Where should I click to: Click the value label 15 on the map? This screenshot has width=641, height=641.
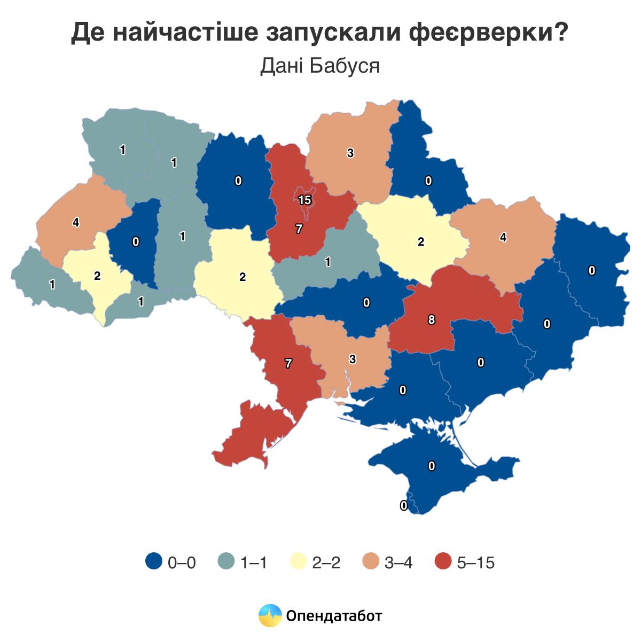click(x=304, y=200)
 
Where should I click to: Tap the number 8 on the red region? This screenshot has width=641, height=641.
click(x=432, y=320)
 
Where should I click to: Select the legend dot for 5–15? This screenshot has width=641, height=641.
click(x=443, y=562)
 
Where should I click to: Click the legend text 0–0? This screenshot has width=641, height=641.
click(x=182, y=562)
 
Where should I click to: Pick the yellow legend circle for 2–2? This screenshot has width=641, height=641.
click(x=298, y=562)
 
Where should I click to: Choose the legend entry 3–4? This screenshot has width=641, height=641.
click(x=398, y=562)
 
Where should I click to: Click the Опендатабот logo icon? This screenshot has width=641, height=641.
click(x=270, y=615)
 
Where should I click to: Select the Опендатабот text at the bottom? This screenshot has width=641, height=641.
click(x=334, y=616)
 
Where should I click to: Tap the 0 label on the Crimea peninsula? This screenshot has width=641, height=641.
click(x=432, y=466)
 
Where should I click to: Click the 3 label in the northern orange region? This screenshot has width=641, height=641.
click(x=350, y=153)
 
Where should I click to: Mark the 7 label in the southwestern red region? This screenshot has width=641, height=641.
click(x=288, y=364)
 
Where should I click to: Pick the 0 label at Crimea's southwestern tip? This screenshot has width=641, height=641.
click(x=404, y=505)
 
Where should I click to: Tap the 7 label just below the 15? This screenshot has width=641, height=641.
click(x=299, y=229)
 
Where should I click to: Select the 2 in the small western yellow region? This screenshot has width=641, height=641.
click(x=97, y=276)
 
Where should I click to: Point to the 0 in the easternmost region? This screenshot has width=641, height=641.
click(x=592, y=271)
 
